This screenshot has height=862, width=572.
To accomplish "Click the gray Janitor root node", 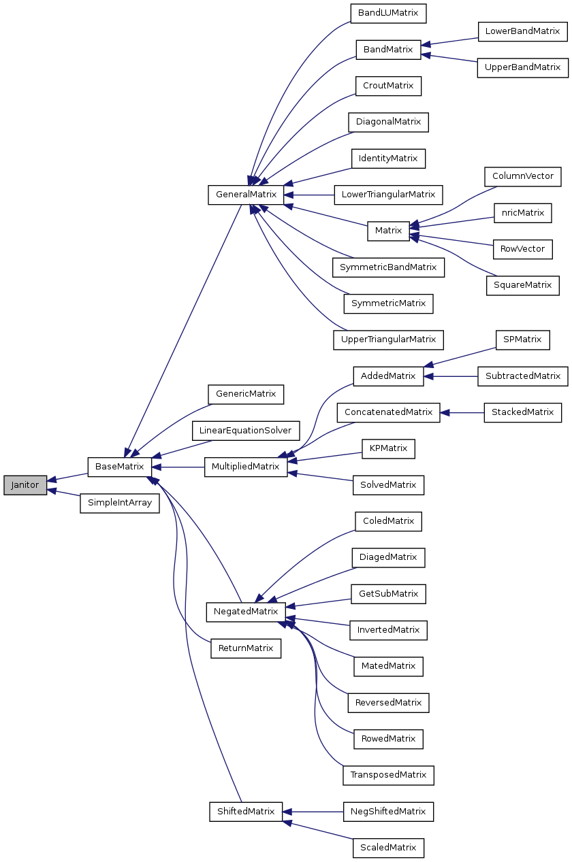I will pyautogui.click(x=25, y=485).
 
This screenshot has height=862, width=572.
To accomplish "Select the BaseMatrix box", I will pyautogui.click(x=119, y=467).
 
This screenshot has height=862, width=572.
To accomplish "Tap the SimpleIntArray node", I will pyautogui.click(x=119, y=503).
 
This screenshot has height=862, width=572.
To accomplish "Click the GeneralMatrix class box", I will pyautogui.click(x=246, y=195).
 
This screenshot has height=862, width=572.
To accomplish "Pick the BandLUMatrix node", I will pyautogui.click(x=388, y=13).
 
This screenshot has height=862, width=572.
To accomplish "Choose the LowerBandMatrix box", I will pyautogui.click(x=522, y=31).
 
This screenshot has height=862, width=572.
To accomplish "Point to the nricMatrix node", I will pyautogui.click(x=522, y=213).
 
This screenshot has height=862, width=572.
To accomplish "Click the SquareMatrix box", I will pyautogui.click(x=522, y=285).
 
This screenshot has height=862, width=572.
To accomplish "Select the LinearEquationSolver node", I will pyautogui.click(x=246, y=431).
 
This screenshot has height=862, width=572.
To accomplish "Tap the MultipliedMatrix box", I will pyautogui.click(x=246, y=467).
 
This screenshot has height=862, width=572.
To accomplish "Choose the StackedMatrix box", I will pyautogui.click(x=522, y=412).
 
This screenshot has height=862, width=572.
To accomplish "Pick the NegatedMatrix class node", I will pyautogui.click(x=246, y=612).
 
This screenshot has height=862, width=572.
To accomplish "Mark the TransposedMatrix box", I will pyautogui.click(x=388, y=775).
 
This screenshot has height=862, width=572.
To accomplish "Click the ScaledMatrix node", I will pyautogui.click(x=388, y=848).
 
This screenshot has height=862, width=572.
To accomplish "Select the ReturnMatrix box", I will pyautogui.click(x=246, y=648).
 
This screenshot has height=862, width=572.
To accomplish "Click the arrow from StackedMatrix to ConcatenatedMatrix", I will pyautogui.click(x=462, y=412).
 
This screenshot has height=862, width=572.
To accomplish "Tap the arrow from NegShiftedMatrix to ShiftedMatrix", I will pyautogui.click(x=313, y=812).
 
